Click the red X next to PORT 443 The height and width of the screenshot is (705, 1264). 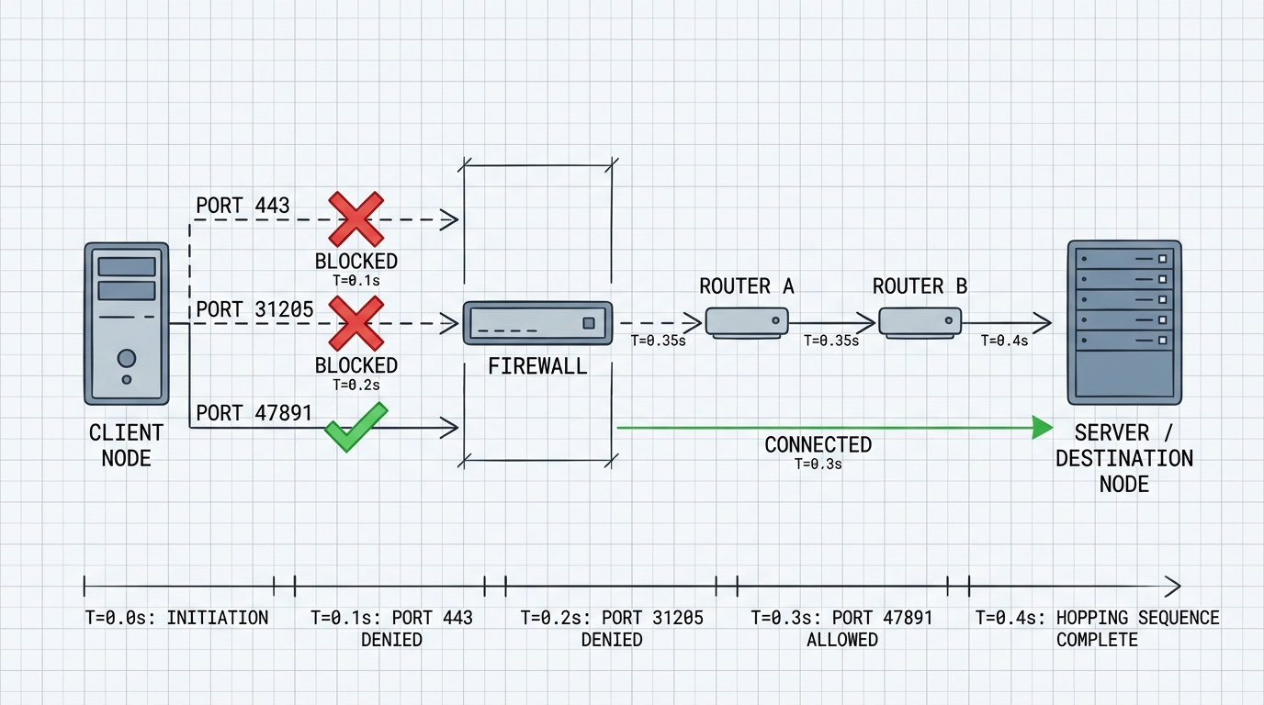(355, 219)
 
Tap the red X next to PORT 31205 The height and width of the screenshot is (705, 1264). (355, 323)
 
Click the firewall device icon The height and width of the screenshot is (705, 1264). (537, 323)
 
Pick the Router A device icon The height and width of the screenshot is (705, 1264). (747, 322)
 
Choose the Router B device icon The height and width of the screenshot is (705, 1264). (920, 322)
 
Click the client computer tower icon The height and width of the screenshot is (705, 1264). (127, 323)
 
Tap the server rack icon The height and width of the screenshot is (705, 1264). (1124, 322)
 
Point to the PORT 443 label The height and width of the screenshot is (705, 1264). (243, 206)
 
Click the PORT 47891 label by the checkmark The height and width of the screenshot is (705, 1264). (254, 413)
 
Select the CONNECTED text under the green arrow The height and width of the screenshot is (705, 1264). (818, 445)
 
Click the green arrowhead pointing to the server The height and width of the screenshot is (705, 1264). (1042, 427)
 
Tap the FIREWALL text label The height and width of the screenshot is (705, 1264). (537, 367)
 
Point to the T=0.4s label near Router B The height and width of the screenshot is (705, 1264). (1004, 341)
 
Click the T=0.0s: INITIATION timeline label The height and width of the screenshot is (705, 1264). (177, 618)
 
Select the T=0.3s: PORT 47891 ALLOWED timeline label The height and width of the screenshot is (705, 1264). (841, 628)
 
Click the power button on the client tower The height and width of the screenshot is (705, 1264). (127, 358)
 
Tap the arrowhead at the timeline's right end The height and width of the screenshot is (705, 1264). (1173, 586)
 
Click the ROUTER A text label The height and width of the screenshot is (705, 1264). (746, 286)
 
